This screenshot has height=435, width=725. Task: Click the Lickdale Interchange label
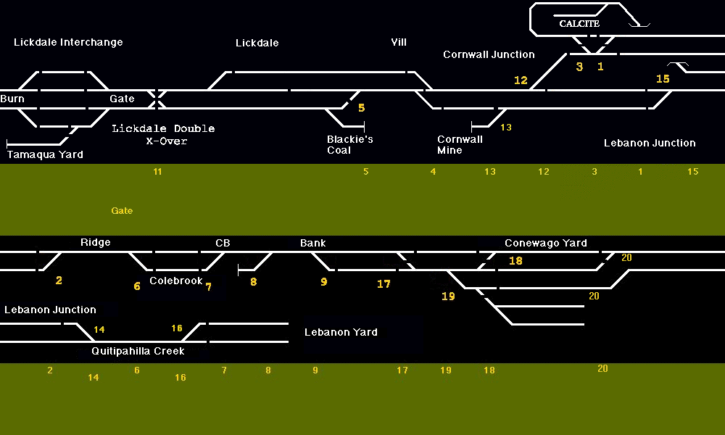coord(68,42)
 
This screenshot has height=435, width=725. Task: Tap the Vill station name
coord(399,42)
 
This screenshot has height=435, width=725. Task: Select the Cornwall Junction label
coord(489,54)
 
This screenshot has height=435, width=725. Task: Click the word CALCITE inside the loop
coord(579,24)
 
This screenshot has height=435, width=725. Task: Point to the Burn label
coord(12,99)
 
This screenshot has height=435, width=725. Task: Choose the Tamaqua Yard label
coord(45,154)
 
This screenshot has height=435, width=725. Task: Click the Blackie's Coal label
coord(349,144)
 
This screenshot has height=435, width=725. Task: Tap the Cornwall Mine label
coord(460,144)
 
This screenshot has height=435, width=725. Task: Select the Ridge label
coord(95,242)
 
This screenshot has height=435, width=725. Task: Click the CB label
coord(223,243)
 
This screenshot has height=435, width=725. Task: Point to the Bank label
coord(312,243)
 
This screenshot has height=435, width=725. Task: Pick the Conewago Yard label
coord(545,243)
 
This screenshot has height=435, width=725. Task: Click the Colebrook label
coord(176,281)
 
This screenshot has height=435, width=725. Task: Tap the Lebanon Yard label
coord(341,332)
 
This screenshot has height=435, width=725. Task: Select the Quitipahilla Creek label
coord(138,351)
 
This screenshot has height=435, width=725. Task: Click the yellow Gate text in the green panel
coord(122,211)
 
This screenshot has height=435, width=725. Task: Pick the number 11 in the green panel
coord(157,172)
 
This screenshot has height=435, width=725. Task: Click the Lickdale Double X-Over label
coord(163,134)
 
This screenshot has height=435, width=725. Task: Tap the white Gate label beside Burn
coord(122,99)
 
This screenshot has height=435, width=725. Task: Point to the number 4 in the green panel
coord(433,172)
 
